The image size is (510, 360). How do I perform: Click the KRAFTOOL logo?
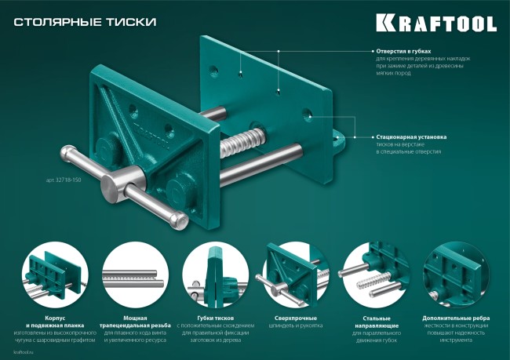click(435, 23)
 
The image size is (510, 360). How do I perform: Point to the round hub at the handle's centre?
click(115, 187)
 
